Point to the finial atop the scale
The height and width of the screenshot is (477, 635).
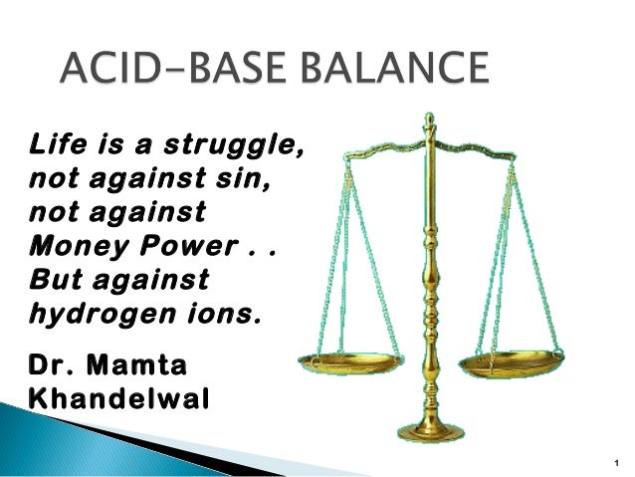pyautogui.click(x=430, y=123)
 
